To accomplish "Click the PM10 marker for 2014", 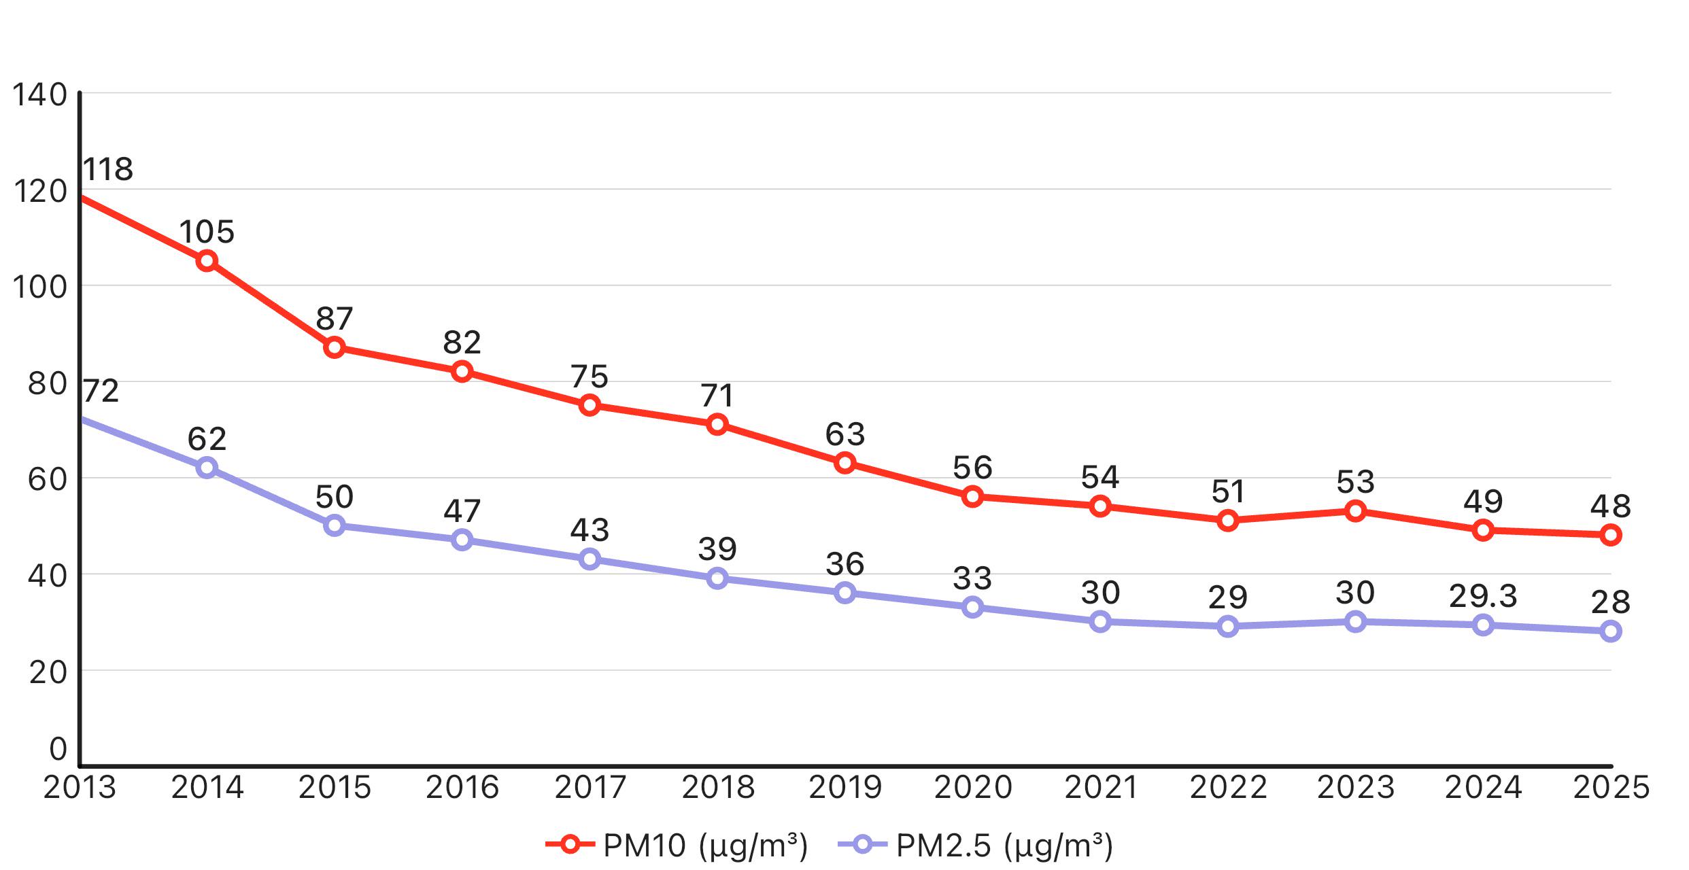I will click(x=207, y=261).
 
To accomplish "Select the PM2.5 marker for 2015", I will click(x=335, y=525).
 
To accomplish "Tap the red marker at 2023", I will click(x=1356, y=511).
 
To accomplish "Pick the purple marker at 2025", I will click(x=1611, y=631).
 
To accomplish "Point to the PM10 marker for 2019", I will click(x=845, y=463).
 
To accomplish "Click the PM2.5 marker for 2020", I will click(x=973, y=607).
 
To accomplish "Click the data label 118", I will click(x=108, y=169).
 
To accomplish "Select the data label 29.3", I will click(x=1483, y=596).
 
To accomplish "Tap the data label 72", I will click(x=101, y=391).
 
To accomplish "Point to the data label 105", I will click(x=207, y=232).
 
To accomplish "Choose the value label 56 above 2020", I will click(x=972, y=468).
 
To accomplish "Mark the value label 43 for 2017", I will click(x=590, y=529).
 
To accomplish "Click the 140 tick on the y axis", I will click(x=40, y=95).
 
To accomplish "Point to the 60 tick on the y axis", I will click(x=48, y=480).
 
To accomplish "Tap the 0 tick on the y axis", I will click(x=58, y=749).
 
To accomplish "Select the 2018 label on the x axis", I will click(x=718, y=787).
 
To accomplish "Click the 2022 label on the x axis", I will click(x=1228, y=787).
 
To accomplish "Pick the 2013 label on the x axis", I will click(x=80, y=787).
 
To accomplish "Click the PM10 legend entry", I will click(x=677, y=846).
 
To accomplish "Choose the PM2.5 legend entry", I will click(x=975, y=846).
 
